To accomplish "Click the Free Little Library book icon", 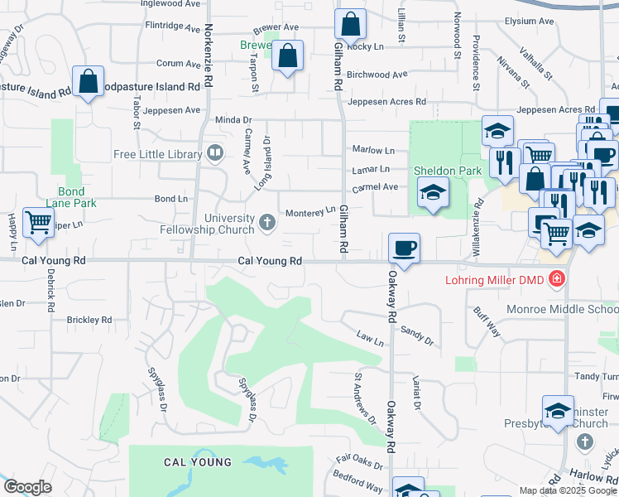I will click(215, 153).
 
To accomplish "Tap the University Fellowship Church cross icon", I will click(266, 222).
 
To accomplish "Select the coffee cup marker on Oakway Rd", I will click(404, 248).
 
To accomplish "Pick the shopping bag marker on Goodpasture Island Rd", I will click(88, 82).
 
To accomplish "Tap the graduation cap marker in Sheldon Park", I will click(433, 193).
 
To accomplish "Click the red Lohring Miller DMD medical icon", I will click(558, 279).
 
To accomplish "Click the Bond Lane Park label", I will click(71, 196).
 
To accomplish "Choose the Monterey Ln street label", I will click(309, 213).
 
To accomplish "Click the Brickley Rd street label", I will click(89, 320).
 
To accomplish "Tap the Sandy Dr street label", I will click(417, 334).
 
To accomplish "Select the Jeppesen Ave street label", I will click(171, 110).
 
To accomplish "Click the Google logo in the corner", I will click(27, 487).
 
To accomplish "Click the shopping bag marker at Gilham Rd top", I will click(351, 25).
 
